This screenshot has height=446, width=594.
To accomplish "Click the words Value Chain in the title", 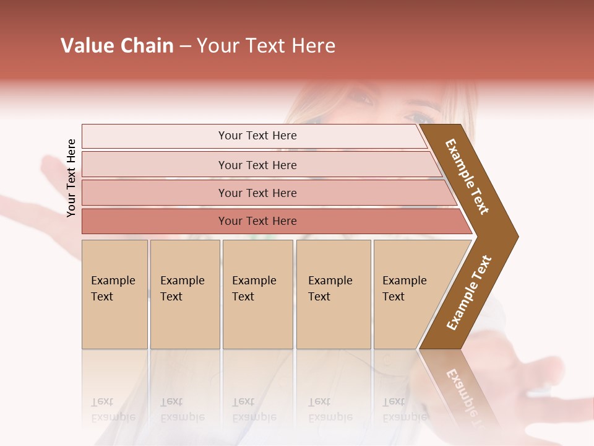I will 117,46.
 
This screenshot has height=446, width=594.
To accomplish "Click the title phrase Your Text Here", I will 266,46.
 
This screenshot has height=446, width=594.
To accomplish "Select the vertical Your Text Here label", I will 71,178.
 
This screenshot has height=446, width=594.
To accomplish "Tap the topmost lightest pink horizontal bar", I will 257,136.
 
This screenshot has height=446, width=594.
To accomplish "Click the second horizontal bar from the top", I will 257,165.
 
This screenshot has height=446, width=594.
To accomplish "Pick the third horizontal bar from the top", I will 257,193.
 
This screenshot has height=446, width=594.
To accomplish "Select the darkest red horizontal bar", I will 257,221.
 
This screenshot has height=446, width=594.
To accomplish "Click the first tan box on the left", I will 114,294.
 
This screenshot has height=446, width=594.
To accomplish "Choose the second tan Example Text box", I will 184,294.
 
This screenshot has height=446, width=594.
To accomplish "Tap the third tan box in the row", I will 257,294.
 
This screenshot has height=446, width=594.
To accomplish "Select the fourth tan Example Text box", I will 333,294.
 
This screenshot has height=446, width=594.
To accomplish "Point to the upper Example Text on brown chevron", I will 467,177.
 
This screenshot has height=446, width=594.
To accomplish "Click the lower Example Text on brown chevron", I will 469,292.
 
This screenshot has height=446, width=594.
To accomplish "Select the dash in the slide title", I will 185,46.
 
